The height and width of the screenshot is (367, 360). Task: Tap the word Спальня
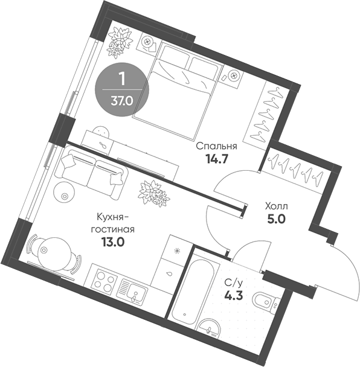coord(217,146)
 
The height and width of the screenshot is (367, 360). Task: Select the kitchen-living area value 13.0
coord(113,242)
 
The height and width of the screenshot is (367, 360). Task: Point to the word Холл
coord(276,206)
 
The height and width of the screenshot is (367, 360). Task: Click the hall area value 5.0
coord(276,219)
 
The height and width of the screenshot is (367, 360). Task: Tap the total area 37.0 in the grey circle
coord(122,101)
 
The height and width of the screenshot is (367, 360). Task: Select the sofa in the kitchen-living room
coord(91,172)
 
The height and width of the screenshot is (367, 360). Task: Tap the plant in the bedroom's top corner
coord(120,42)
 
